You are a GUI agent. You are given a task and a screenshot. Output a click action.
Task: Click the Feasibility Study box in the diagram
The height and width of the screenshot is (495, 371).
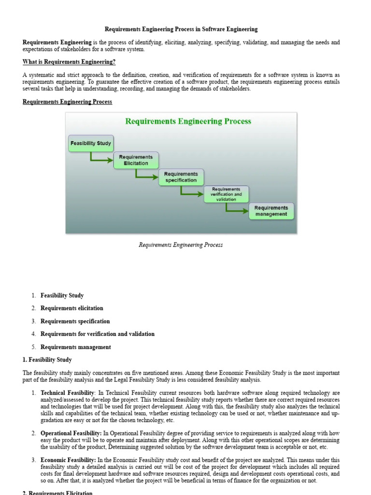click(91, 143)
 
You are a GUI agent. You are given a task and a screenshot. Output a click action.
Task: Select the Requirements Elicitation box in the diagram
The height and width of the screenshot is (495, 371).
click(136, 160)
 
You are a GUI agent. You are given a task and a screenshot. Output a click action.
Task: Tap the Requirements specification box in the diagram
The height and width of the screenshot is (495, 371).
click(181, 177)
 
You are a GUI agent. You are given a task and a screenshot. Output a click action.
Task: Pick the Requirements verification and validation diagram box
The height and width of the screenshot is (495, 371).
click(226, 194)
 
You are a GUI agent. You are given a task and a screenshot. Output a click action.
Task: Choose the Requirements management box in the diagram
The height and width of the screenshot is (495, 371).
click(271, 211)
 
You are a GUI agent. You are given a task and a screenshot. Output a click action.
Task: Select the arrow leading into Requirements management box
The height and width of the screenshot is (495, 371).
click(237, 209)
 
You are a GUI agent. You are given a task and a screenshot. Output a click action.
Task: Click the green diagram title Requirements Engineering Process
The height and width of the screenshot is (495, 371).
click(188, 121)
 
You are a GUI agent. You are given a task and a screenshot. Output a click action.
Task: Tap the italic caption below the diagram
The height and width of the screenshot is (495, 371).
click(181, 245)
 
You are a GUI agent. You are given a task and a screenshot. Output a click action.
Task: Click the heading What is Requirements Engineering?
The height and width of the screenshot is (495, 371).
click(69, 62)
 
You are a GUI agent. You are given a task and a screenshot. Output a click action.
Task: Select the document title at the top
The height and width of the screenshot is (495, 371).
click(181, 29)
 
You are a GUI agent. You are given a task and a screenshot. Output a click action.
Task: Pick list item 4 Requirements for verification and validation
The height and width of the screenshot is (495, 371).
click(98, 334)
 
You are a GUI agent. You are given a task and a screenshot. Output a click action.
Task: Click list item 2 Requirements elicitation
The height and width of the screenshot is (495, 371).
click(72, 308)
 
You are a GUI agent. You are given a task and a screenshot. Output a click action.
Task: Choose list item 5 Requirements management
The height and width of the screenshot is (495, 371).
click(76, 347)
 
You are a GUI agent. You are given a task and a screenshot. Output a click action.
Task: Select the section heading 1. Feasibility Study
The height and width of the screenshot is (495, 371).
click(47, 360)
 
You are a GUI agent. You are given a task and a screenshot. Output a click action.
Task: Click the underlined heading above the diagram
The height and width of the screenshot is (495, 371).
click(67, 102)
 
